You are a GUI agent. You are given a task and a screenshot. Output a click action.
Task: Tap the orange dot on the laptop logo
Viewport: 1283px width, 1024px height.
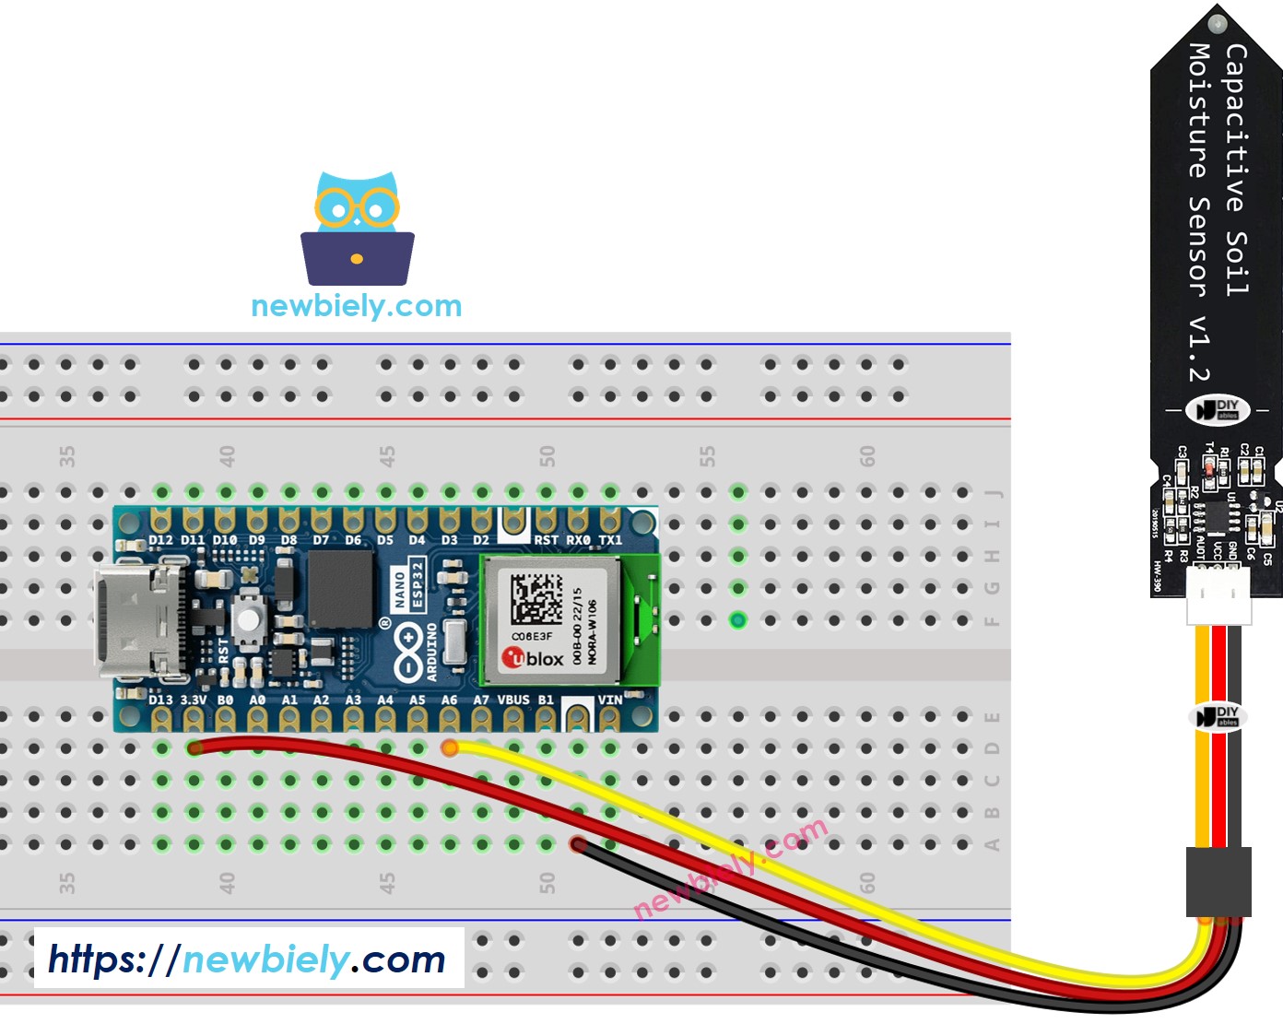click(357, 259)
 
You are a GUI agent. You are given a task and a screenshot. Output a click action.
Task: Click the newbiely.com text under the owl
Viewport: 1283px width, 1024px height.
click(356, 306)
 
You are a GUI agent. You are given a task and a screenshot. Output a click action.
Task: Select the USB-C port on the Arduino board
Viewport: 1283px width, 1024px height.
click(134, 619)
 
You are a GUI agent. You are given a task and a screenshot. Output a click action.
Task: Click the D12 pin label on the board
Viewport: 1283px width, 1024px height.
click(160, 540)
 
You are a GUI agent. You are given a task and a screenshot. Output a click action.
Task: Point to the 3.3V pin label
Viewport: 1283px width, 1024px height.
click(194, 700)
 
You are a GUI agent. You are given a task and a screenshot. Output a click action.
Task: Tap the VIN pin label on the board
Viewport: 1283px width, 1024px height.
click(609, 700)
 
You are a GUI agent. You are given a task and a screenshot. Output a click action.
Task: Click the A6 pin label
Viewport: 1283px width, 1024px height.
click(449, 700)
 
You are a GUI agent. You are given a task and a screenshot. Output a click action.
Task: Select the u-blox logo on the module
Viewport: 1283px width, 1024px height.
click(533, 658)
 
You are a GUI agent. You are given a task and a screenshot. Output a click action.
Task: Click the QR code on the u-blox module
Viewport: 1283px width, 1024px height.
click(536, 599)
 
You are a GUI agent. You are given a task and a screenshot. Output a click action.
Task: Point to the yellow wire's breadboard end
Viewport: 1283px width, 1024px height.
click(450, 747)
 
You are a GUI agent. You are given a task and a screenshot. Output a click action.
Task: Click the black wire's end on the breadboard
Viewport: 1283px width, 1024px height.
click(578, 843)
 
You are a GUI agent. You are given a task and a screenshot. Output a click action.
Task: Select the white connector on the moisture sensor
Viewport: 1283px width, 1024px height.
click(1218, 595)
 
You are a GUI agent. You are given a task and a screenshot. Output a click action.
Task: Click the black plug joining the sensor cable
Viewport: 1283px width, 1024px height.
click(1218, 881)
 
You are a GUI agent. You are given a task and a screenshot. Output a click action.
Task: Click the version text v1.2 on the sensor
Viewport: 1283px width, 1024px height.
click(1198, 348)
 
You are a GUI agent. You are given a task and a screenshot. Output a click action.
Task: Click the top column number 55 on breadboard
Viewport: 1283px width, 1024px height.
click(707, 456)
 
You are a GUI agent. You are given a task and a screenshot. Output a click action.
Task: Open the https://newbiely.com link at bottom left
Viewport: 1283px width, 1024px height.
click(247, 959)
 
